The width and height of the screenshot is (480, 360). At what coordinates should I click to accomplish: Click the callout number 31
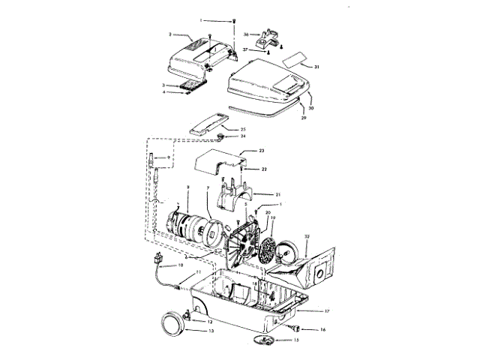coord(317,67)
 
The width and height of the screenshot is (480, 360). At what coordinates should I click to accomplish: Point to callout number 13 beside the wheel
coord(211,330)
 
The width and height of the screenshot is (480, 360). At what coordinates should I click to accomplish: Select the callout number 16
coord(323,329)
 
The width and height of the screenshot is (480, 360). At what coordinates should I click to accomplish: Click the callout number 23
coord(262,151)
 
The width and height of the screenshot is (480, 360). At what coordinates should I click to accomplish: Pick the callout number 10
coord(181,266)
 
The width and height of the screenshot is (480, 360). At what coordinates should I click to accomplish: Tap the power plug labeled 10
coord(159,261)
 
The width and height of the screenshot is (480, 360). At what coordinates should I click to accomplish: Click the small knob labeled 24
coord(223,137)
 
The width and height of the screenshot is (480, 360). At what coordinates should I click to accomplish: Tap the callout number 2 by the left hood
coord(171,34)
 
